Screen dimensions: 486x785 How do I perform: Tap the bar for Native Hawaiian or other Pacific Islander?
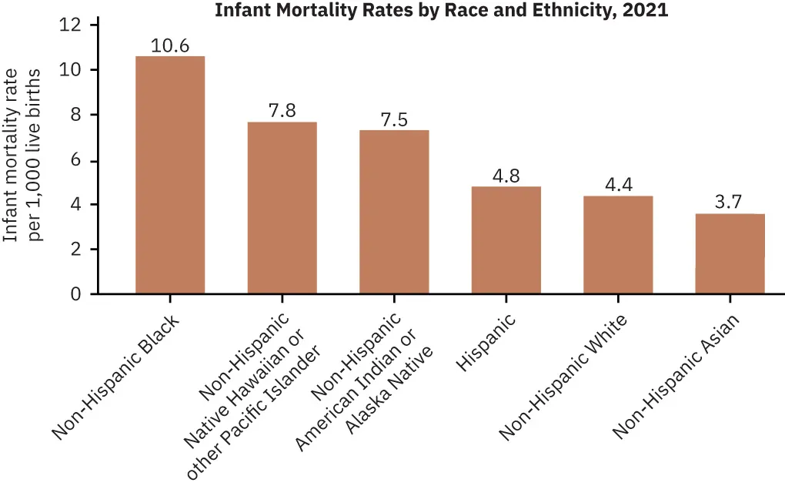tap(282, 208)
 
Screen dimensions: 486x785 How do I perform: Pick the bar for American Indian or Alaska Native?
tap(394, 212)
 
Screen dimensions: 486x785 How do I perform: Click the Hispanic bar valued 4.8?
tap(506, 240)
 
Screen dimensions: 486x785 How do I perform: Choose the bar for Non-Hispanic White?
tap(618, 245)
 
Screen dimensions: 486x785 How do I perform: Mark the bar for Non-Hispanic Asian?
tap(730, 253)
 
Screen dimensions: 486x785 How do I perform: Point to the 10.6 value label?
tap(170, 45)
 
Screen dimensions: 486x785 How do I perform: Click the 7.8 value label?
tap(282, 110)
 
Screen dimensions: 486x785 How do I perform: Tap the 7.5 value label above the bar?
tap(394, 119)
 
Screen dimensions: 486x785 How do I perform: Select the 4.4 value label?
tap(618, 185)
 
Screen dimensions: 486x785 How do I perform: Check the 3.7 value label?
tap(730, 203)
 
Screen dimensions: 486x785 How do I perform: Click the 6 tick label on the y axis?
tap(75, 160)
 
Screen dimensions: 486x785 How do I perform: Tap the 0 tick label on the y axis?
tap(75, 294)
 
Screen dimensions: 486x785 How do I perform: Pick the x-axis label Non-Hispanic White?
tap(563, 376)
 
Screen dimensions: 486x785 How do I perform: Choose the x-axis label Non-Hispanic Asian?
tap(676, 376)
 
